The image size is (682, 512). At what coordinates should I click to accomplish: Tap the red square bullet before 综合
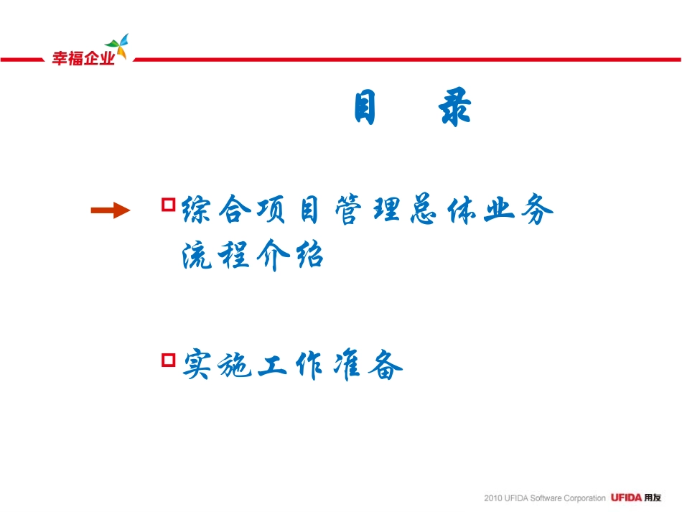coord(169,205)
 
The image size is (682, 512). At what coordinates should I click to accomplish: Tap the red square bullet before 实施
coord(169,360)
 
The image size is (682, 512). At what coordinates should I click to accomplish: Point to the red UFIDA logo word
coord(626,498)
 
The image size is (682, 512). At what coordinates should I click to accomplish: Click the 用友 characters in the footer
coord(652,498)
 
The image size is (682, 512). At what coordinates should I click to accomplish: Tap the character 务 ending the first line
coord(536,210)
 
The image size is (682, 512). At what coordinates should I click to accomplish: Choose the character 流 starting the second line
coord(197,255)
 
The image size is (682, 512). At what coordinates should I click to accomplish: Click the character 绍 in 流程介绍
coord(307,255)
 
